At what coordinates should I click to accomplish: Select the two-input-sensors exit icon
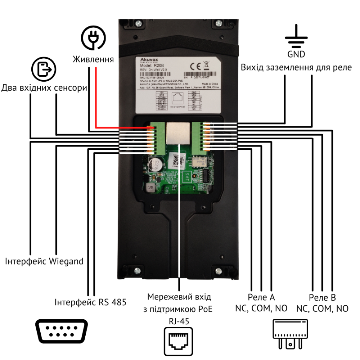tap(44, 69)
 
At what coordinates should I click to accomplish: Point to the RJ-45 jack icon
tap(179, 340)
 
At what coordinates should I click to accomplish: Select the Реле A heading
tap(261, 297)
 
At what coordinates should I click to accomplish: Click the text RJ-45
tap(179, 321)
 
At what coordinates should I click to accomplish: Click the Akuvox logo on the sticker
tap(146, 60)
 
